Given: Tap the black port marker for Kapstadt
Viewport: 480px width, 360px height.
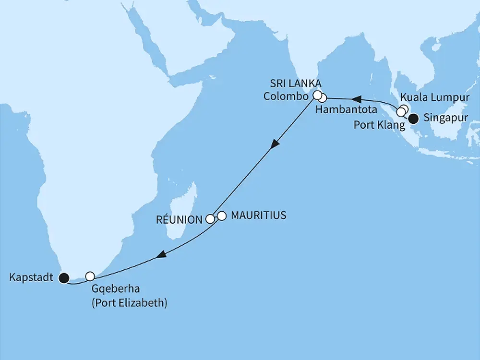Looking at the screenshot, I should point(63,277).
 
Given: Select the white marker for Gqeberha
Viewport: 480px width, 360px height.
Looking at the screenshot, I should point(90,276).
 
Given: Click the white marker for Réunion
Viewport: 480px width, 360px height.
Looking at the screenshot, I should point(210,219).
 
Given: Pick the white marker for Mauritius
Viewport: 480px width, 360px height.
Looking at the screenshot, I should point(221,216).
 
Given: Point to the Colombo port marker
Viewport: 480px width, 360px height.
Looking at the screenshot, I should point(317,96).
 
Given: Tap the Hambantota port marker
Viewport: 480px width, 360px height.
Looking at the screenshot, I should point(322,98).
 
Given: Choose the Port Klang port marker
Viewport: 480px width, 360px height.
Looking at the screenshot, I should point(401,113).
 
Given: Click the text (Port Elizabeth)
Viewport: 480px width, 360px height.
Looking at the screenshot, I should point(130,303).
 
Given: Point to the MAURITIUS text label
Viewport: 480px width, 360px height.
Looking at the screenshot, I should point(258,216).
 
